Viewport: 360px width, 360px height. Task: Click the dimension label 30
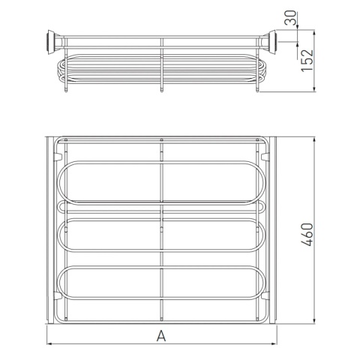(x=290, y=18)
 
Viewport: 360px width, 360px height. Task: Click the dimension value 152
(x=307, y=61)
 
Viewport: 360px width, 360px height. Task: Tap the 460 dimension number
(x=307, y=235)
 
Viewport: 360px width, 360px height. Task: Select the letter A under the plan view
(x=161, y=336)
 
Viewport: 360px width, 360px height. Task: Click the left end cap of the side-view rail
(x=52, y=42)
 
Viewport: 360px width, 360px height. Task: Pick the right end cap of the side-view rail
(x=271, y=42)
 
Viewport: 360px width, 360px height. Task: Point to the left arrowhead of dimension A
(x=49, y=344)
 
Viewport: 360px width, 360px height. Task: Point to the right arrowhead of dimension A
(x=274, y=344)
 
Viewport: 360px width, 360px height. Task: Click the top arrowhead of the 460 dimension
(x=314, y=139)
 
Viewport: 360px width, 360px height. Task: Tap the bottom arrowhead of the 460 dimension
(x=314, y=321)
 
